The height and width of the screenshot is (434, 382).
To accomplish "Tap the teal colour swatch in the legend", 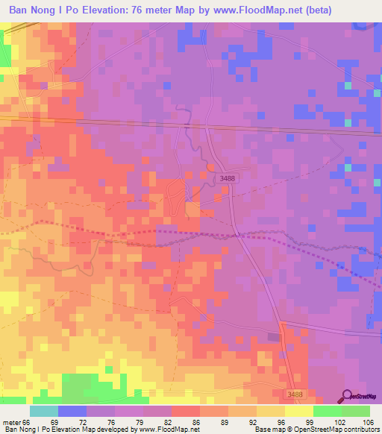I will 44,411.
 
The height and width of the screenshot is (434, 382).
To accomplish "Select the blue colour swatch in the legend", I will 72,411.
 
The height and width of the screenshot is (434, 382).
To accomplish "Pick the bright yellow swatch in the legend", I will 298,411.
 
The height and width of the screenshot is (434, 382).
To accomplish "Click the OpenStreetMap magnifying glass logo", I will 347,396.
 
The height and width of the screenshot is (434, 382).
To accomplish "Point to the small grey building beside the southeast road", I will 274,337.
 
